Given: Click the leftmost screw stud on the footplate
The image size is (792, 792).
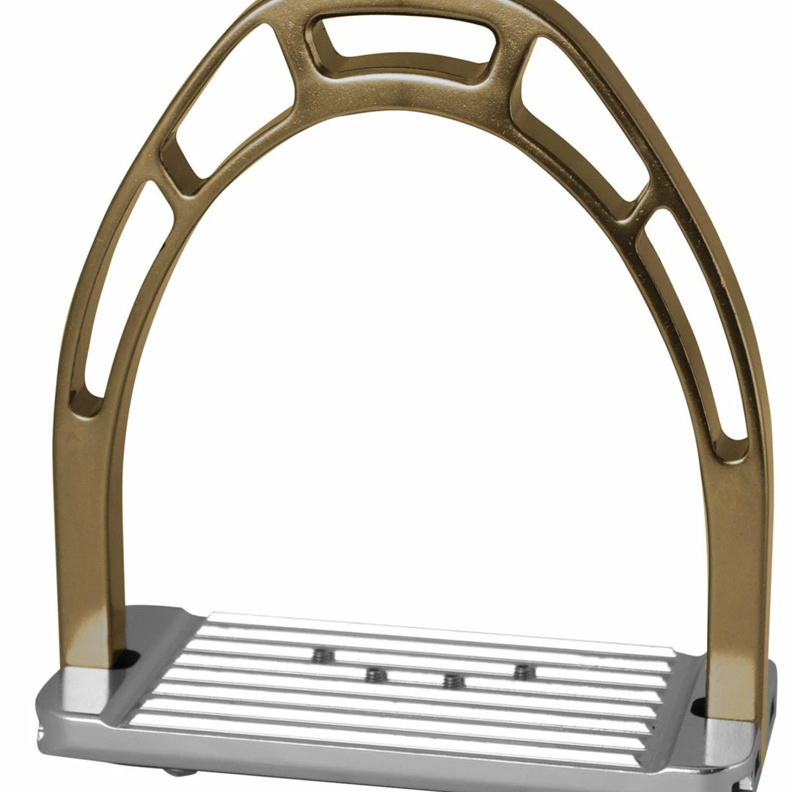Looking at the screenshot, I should point(320,656).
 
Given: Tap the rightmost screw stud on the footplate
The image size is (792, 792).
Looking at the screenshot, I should point(524,672).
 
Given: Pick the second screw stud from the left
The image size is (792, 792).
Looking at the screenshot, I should point(375,675).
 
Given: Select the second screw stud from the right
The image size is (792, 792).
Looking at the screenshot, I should point(454,681).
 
